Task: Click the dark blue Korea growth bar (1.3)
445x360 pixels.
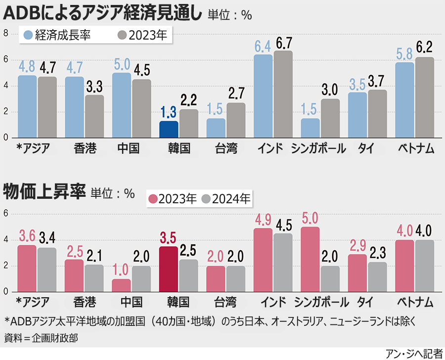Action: click(x=169, y=129)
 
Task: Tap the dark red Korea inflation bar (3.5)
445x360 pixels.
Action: click(x=169, y=269)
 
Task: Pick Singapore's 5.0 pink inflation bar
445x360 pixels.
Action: click(x=310, y=259)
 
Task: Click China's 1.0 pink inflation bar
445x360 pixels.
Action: click(x=121, y=285)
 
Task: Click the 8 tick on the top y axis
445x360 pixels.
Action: click(x=6, y=33)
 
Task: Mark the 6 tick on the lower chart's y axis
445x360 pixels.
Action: click(x=6, y=214)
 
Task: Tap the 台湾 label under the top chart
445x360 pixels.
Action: click(x=226, y=148)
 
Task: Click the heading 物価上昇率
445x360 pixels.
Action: click(x=45, y=191)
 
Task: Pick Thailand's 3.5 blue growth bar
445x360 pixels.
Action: click(x=357, y=115)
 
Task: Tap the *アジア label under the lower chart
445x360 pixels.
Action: click(x=33, y=302)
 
